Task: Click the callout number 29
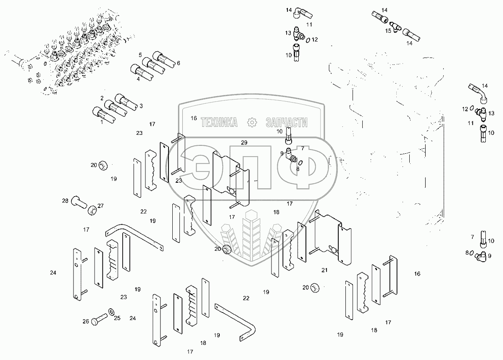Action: pos(244,143)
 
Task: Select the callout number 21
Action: pos(325,270)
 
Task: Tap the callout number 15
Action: pos(388,31)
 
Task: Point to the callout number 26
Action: pos(86,321)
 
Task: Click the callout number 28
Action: pos(65,201)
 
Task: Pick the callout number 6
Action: pos(178,63)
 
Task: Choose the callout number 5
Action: pos(140,55)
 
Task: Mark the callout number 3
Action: pos(141,106)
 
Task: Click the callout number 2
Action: pos(102,98)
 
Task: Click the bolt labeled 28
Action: pos(79,201)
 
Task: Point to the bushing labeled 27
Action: pos(92,210)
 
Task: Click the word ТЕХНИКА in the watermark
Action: pos(219,122)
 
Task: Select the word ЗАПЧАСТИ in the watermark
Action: pos(287,122)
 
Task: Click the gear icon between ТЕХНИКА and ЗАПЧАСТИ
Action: pos(252,122)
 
